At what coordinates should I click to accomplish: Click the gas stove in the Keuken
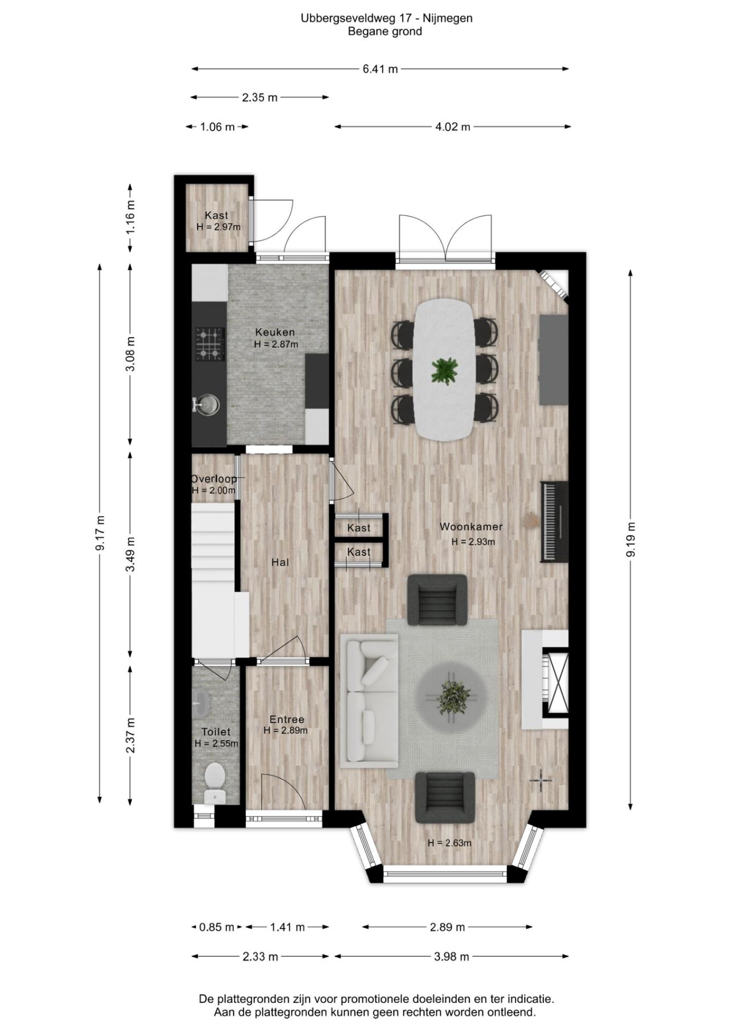tap(210, 344)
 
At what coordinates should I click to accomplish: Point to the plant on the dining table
tap(444, 370)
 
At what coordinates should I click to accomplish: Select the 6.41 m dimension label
tap(380, 69)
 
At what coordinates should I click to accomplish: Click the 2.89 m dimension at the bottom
tap(448, 927)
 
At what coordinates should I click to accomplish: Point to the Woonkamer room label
tap(471, 527)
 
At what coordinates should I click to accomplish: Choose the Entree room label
tap(287, 720)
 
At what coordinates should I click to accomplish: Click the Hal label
tap(280, 562)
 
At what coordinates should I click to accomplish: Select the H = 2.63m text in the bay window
tap(449, 843)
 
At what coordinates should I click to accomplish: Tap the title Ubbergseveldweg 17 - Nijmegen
tap(387, 18)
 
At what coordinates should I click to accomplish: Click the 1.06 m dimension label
tap(217, 127)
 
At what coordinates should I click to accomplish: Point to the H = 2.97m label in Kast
tap(218, 227)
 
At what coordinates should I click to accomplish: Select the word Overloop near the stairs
tap(213, 479)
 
